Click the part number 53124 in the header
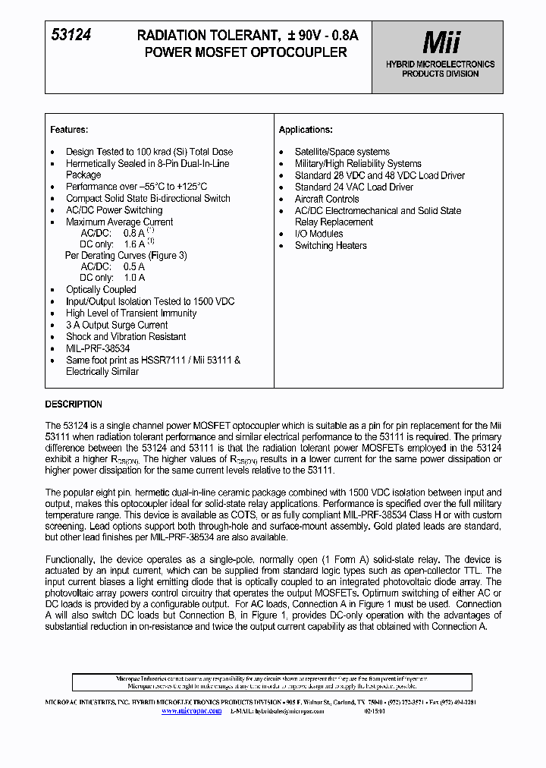click(x=71, y=35)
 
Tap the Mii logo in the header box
click(x=441, y=42)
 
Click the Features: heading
click(x=69, y=130)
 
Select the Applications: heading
click(x=306, y=130)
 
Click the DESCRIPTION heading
click(x=74, y=404)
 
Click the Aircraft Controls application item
click(x=327, y=199)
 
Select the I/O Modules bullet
click(x=318, y=234)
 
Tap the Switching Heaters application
click(x=331, y=246)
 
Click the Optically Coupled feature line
click(x=101, y=290)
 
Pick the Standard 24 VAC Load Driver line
click(x=354, y=187)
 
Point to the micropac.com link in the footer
click(x=199, y=711)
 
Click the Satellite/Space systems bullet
click(x=342, y=152)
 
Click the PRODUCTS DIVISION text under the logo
click(x=440, y=74)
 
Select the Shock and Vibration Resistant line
click(x=126, y=337)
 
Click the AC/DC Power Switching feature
click(x=114, y=210)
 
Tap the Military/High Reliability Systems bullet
click(x=358, y=163)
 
